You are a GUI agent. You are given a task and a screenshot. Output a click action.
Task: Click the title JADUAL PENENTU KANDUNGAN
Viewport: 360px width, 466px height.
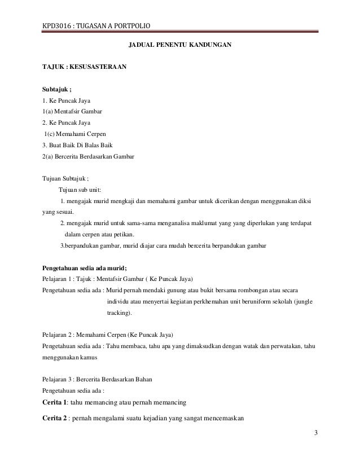point(180,44)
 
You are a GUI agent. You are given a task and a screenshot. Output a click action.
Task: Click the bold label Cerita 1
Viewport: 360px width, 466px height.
point(59,402)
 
